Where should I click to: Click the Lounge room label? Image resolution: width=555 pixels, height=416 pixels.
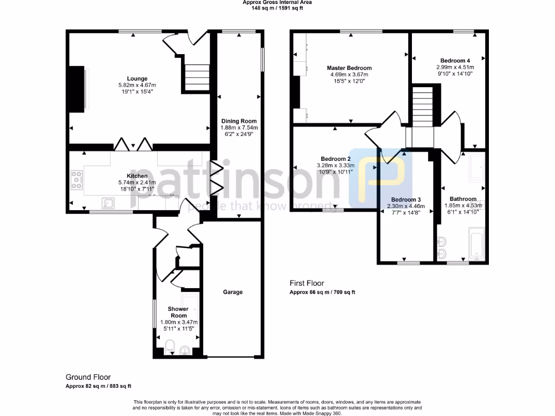click(137, 79)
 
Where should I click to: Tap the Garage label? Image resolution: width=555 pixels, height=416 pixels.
click(233, 292)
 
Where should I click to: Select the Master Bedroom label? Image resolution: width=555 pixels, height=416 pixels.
click(349, 68)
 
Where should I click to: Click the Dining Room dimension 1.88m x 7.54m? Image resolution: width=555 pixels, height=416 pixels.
click(239, 127)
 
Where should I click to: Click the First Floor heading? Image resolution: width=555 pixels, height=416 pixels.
click(307, 283)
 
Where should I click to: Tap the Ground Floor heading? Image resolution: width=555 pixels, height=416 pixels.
click(88, 377)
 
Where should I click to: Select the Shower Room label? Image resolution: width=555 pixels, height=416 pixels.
click(178, 312)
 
